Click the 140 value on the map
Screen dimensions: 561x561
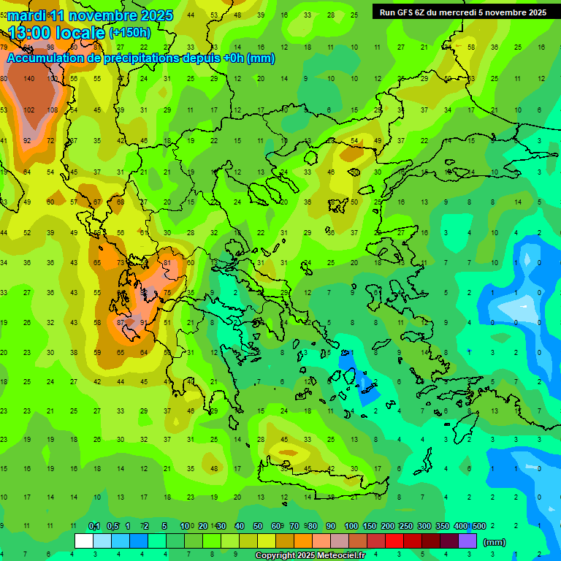29,79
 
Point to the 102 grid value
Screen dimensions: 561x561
29,110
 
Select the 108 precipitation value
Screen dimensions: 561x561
53,110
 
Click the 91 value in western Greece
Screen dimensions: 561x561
144,322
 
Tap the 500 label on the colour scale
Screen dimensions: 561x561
478,526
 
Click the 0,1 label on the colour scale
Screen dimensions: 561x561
93,526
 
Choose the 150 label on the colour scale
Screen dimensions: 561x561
370,526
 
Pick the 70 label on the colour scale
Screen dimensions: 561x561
294,526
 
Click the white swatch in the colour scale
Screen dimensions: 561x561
84,541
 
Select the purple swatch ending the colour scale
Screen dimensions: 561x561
467,541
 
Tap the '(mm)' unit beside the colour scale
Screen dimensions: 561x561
495,542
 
